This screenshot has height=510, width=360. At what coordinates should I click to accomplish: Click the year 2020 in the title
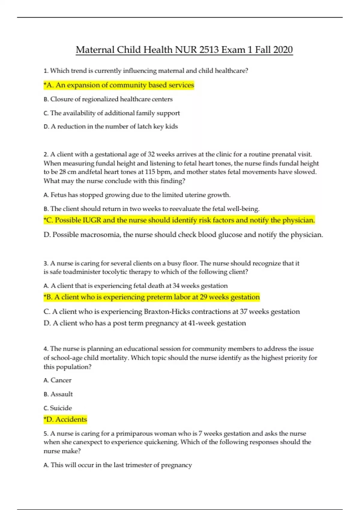[283, 49]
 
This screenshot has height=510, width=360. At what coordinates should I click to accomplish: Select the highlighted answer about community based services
[119, 85]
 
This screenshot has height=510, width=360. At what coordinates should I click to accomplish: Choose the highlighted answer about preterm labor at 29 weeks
[152, 297]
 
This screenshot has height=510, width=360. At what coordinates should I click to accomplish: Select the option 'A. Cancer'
[58, 380]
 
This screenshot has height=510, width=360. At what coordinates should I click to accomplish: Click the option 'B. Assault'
[58, 394]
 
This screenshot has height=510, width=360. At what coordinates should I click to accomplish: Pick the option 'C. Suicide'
[58, 408]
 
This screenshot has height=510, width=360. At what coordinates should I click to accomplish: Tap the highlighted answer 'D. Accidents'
[65, 419]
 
